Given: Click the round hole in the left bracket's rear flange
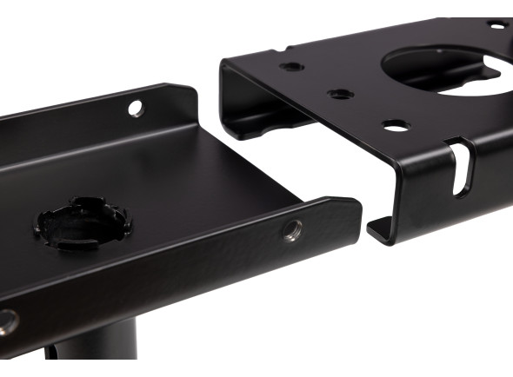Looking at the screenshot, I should point(136,108).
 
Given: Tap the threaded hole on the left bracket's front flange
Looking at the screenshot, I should point(292,230).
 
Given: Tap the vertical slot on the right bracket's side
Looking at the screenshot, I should point(458,169).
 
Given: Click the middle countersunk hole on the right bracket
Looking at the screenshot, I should point(340,94).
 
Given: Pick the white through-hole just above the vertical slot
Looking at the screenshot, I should point(396,125).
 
